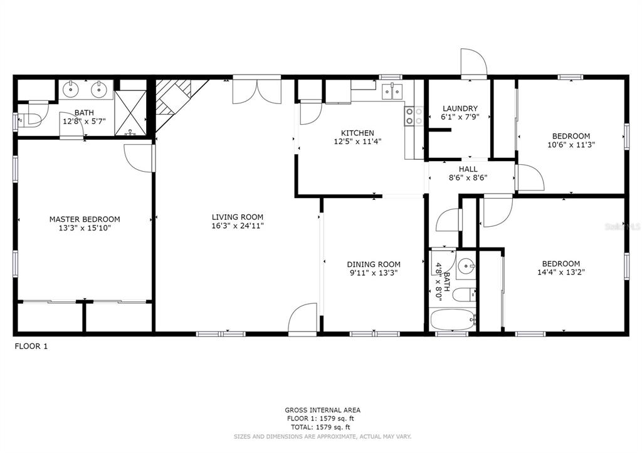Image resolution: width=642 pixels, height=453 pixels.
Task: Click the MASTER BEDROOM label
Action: [x=85, y=219]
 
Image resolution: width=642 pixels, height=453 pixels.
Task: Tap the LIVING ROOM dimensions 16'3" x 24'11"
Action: [x=237, y=226]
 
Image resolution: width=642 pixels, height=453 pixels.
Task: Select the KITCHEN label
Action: [x=357, y=133]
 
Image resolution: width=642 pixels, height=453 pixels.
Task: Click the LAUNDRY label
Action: [x=460, y=108]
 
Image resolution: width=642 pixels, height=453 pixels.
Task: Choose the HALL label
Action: [x=468, y=169]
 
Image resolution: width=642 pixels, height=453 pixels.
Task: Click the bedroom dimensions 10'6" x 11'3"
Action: [x=571, y=144]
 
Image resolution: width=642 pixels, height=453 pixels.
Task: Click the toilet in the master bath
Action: [x=29, y=118]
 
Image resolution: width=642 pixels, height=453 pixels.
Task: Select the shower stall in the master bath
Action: [x=132, y=113]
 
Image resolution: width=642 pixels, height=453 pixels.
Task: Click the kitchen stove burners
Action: [x=413, y=116]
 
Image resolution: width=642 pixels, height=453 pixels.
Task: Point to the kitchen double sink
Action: [x=393, y=91]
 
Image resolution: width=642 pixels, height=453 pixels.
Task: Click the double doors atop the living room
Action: [x=256, y=91]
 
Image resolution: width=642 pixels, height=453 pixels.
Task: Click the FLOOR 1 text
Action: [x=31, y=346]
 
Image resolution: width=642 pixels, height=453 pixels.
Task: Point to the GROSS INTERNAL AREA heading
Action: [x=322, y=410]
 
